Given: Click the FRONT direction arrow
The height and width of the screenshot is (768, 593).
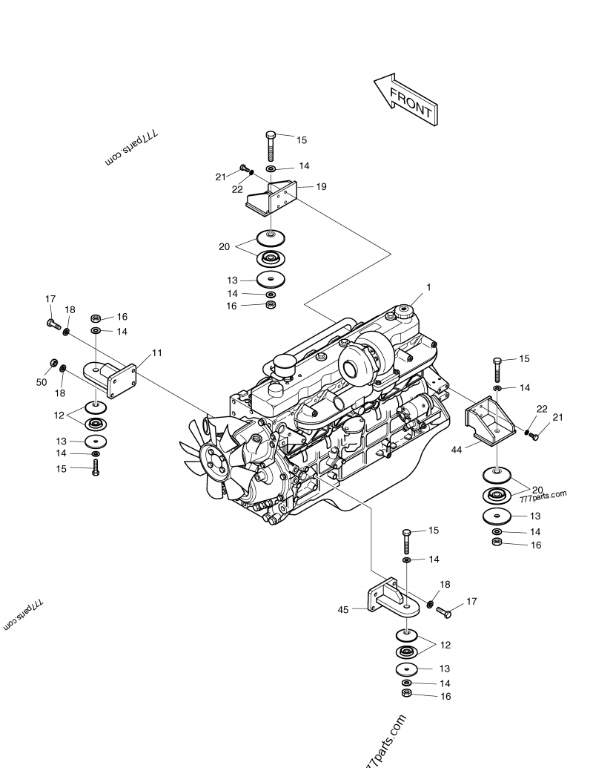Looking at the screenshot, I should point(405,99).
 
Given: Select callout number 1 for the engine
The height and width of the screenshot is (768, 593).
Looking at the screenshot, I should point(428,286).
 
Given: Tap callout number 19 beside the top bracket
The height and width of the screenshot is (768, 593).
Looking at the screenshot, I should point(321,187).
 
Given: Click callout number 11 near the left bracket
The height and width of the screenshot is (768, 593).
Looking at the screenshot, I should point(156,352).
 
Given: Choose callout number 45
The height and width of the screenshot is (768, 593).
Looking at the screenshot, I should point(342,609).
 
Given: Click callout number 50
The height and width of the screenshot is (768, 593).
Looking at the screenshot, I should point(42,382).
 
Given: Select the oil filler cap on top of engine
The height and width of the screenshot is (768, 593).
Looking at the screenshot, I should point(404,312).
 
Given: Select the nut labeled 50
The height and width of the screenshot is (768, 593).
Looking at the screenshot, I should point(54,363).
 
